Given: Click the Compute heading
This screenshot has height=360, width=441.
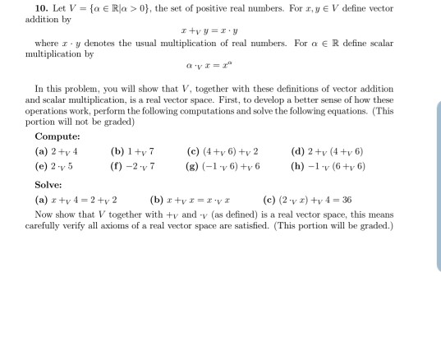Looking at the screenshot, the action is [x=57, y=136].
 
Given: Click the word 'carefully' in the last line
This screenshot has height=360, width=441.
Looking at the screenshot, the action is [x=43, y=223].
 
